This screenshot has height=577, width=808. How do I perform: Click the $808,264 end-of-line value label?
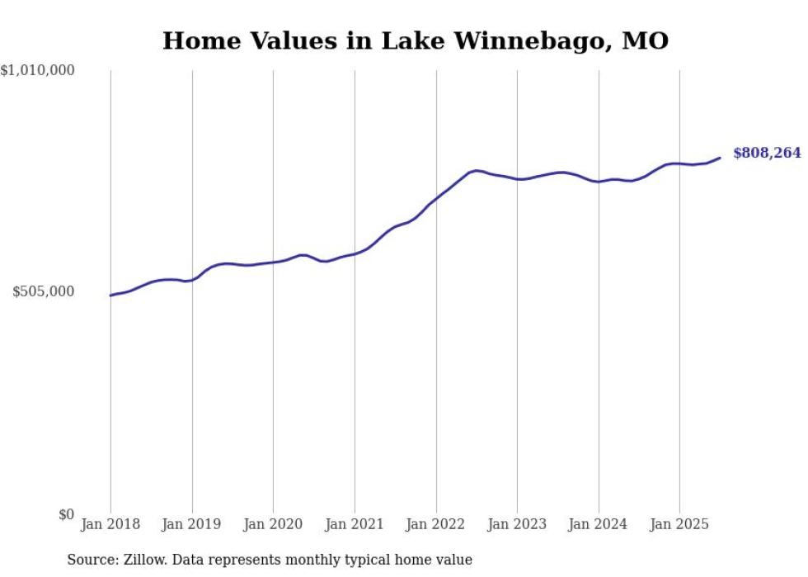[766, 153]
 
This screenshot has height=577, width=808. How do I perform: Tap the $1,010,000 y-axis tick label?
[38, 71]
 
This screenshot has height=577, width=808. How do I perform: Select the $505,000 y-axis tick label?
[44, 291]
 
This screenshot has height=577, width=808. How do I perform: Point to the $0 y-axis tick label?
[66, 514]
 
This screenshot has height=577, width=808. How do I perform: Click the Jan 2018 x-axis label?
[110, 524]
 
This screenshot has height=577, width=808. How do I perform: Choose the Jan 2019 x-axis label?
[192, 524]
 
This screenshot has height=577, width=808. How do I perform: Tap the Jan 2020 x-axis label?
[273, 524]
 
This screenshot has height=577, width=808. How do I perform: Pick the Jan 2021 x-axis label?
[355, 524]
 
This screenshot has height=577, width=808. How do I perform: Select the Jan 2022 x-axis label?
[436, 524]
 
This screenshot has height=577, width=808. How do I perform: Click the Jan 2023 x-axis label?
[517, 524]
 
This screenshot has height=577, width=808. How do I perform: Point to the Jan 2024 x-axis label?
[599, 524]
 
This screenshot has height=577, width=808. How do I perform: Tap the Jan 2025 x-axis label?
[679, 524]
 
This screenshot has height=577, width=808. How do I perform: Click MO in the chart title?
[645, 40]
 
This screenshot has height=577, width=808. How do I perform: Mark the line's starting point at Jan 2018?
[111, 295]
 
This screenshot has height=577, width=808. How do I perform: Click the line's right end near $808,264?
[720, 158]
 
